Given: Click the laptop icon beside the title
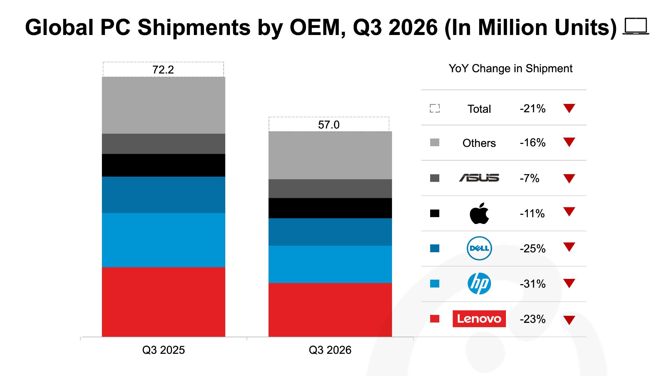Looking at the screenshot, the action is [636, 26].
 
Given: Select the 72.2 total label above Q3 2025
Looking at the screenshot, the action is [163, 70].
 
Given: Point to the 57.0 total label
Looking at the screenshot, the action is [329, 125].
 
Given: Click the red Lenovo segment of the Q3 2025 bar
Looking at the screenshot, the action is [164, 302].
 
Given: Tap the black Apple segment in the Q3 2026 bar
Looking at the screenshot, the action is [330, 208].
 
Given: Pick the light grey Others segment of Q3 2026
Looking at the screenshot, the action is [330, 155].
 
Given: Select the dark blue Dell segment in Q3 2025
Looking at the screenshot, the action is [164, 195].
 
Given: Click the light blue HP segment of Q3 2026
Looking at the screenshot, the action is [330, 264].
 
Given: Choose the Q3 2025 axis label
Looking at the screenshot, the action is [164, 350].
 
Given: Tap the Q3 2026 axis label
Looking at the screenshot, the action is [330, 350].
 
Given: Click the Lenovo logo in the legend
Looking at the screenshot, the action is [479, 319].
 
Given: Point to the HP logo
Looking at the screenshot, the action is [479, 284].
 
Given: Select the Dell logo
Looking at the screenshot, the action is [479, 248].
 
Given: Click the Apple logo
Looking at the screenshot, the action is [479, 213].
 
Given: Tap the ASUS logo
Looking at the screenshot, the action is [479, 178].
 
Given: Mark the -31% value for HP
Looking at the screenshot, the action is [533, 284].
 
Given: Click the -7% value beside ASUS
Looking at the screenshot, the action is [529, 178].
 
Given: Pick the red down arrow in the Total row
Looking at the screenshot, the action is [569, 108].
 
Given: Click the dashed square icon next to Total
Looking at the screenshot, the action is [435, 108].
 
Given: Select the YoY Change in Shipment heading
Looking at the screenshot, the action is [511, 69].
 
